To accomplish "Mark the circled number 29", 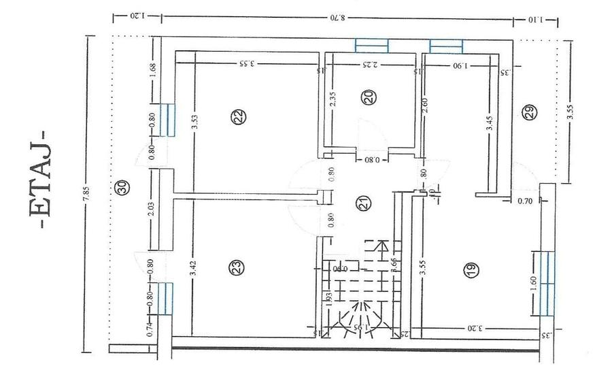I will (x=530, y=113).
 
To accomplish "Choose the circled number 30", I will (x=122, y=188).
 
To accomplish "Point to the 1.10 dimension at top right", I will (x=536, y=20).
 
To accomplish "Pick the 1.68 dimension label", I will (x=152, y=71).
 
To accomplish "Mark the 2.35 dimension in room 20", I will (x=333, y=100).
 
